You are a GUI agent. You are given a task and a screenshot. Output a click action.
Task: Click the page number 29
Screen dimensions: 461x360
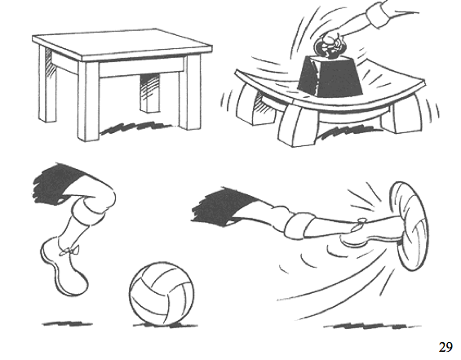coord(445,347)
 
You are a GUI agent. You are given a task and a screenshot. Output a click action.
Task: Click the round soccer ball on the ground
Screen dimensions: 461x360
coord(162,294)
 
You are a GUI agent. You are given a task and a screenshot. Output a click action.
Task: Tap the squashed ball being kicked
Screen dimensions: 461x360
coord(409,226)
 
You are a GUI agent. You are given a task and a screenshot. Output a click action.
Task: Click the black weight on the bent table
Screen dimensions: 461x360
coord(330,76)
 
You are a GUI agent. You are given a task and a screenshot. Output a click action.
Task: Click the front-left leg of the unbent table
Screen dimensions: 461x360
coord(88,101)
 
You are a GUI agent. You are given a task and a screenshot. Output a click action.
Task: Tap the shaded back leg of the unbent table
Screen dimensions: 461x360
coord(150,92)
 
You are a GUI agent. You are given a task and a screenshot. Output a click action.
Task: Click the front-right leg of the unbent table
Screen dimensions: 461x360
coord(190,92)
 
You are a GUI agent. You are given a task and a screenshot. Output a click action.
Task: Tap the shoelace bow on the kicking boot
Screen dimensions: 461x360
coord(361,223)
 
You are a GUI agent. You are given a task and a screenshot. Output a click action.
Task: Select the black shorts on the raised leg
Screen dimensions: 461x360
coord(62,183)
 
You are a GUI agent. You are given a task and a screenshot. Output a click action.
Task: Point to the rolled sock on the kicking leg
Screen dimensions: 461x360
coord(300,224)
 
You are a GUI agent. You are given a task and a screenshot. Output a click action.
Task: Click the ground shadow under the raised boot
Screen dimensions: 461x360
coord(67,323)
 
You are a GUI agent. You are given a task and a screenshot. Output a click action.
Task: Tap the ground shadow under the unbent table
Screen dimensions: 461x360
coord(135,128)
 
